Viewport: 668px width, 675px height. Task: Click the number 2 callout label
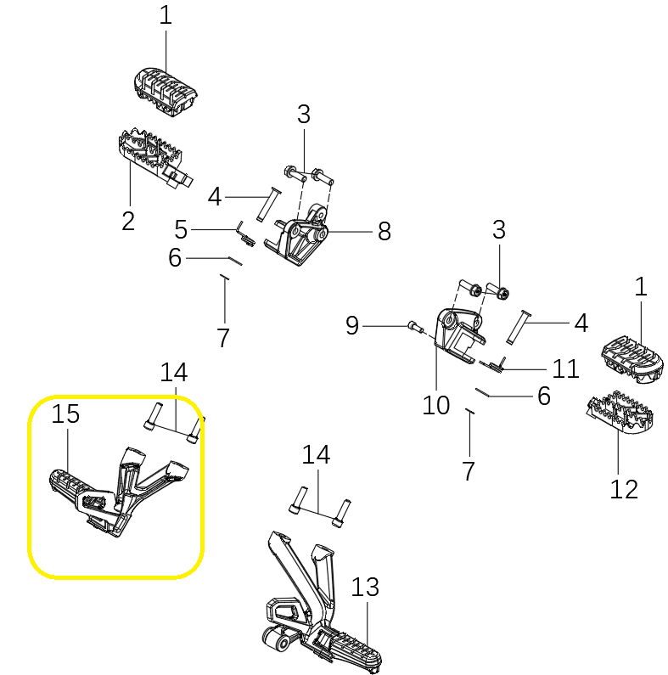click(x=127, y=222)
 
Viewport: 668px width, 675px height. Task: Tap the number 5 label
click(x=181, y=229)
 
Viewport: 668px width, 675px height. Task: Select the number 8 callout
click(x=384, y=231)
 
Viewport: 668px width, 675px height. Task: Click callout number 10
click(x=435, y=405)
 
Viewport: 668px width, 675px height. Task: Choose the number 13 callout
click(x=364, y=587)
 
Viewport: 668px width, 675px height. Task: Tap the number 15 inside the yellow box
click(x=65, y=414)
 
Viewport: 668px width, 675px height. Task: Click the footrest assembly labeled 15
click(x=110, y=492)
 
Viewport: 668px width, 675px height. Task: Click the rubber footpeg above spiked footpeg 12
click(x=632, y=356)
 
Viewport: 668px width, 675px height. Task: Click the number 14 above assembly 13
click(x=317, y=456)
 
